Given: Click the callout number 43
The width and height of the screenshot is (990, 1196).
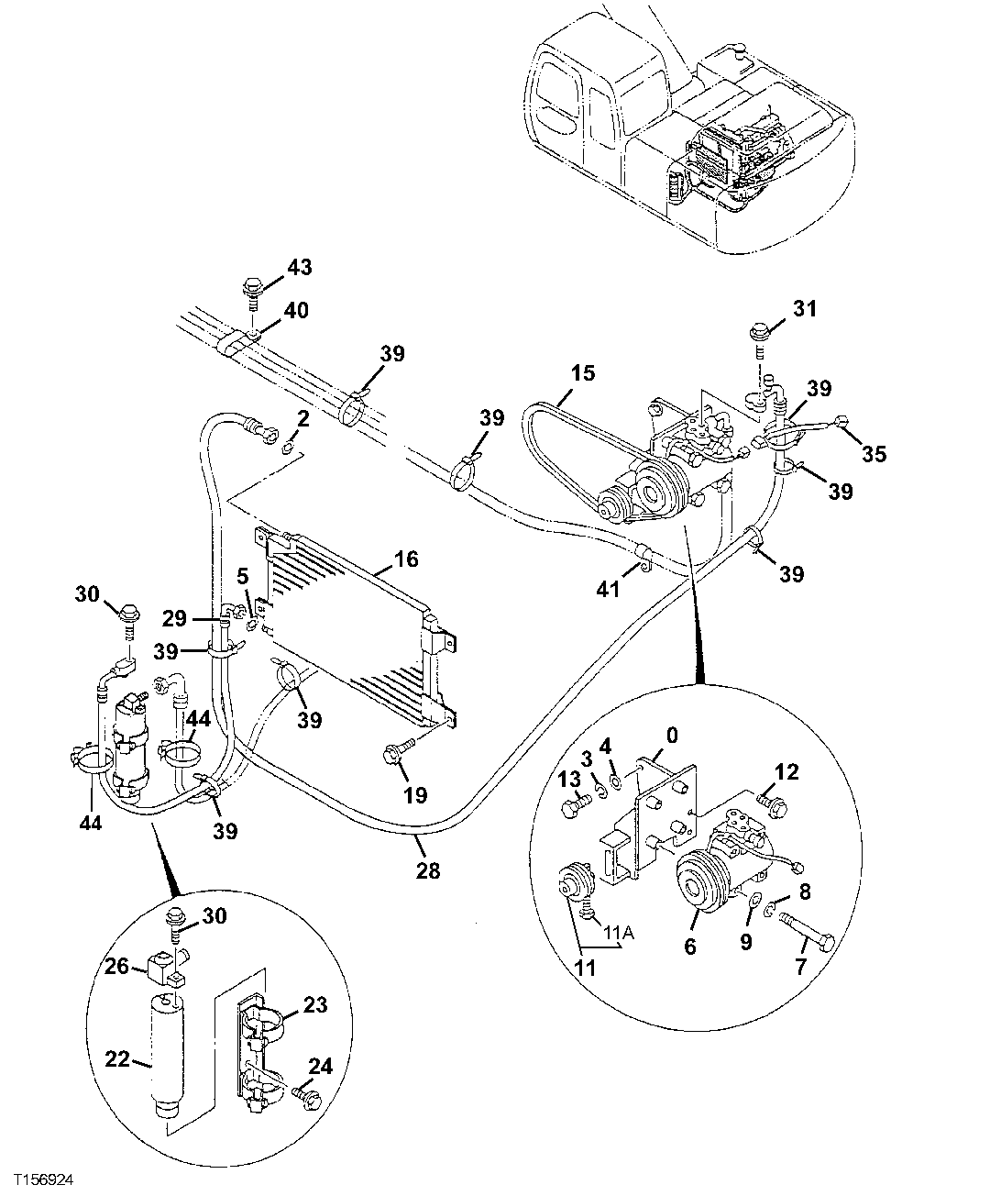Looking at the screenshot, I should pyautogui.click(x=299, y=268).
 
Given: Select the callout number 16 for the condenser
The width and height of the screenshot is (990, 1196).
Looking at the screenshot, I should pyautogui.click(x=406, y=558).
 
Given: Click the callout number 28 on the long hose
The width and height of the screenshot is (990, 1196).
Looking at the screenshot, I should pyautogui.click(x=428, y=869).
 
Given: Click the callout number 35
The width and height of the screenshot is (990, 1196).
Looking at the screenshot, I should pyautogui.click(x=874, y=452).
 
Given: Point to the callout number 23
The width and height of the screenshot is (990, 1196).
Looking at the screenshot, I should pyautogui.click(x=314, y=1004).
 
